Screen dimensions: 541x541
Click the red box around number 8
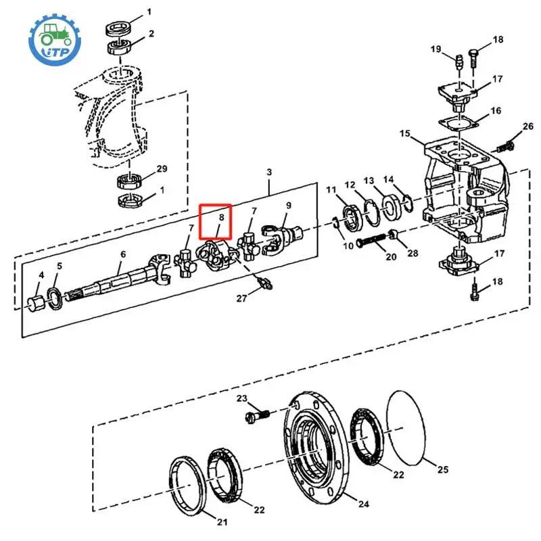(x=215, y=222)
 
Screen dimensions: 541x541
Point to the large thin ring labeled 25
(x=407, y=427)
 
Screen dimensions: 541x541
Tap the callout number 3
(x=270, y=173)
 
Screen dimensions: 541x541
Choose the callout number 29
(x=162, y=168)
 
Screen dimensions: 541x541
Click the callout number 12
(x=350, y=185)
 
